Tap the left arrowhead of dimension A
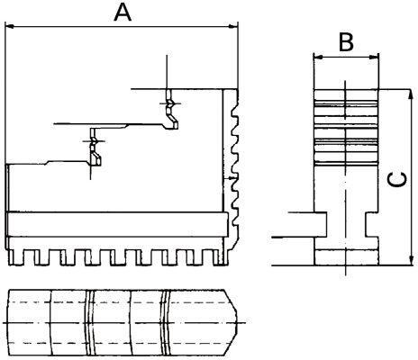coord(10,28)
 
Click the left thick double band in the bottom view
coord(90,321)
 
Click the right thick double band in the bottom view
coord(167,321)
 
